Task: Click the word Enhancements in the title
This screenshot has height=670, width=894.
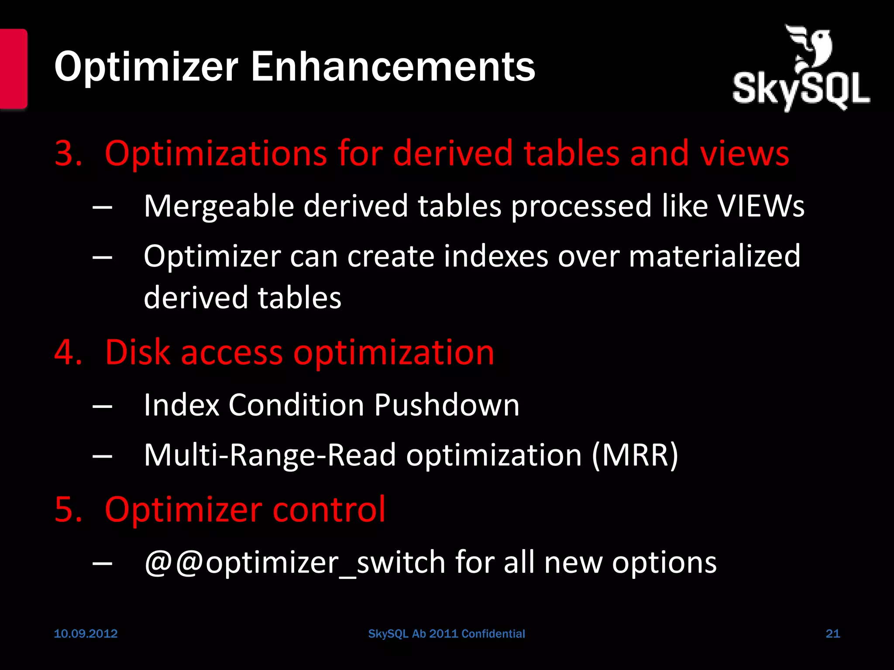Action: pos(393,67)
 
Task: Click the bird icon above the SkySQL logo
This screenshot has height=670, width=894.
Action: pos(810,48)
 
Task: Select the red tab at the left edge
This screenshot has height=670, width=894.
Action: pos(13,68)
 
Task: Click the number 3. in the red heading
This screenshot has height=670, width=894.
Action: pos(68,154)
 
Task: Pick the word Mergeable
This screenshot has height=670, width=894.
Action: pos(219,206)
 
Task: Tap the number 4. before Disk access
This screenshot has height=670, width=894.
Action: pos(68,352)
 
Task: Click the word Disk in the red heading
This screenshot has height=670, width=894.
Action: pos(137,352)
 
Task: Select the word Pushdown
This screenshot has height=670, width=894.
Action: pos(447,405)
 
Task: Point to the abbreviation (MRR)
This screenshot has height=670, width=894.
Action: pos(635,455)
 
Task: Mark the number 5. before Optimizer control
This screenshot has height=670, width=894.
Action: pos(68,509)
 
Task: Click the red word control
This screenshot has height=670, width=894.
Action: pos(329,509)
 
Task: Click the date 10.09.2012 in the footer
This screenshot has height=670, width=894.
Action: pos(86,633)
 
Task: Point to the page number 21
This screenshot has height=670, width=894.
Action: pos(833,633)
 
